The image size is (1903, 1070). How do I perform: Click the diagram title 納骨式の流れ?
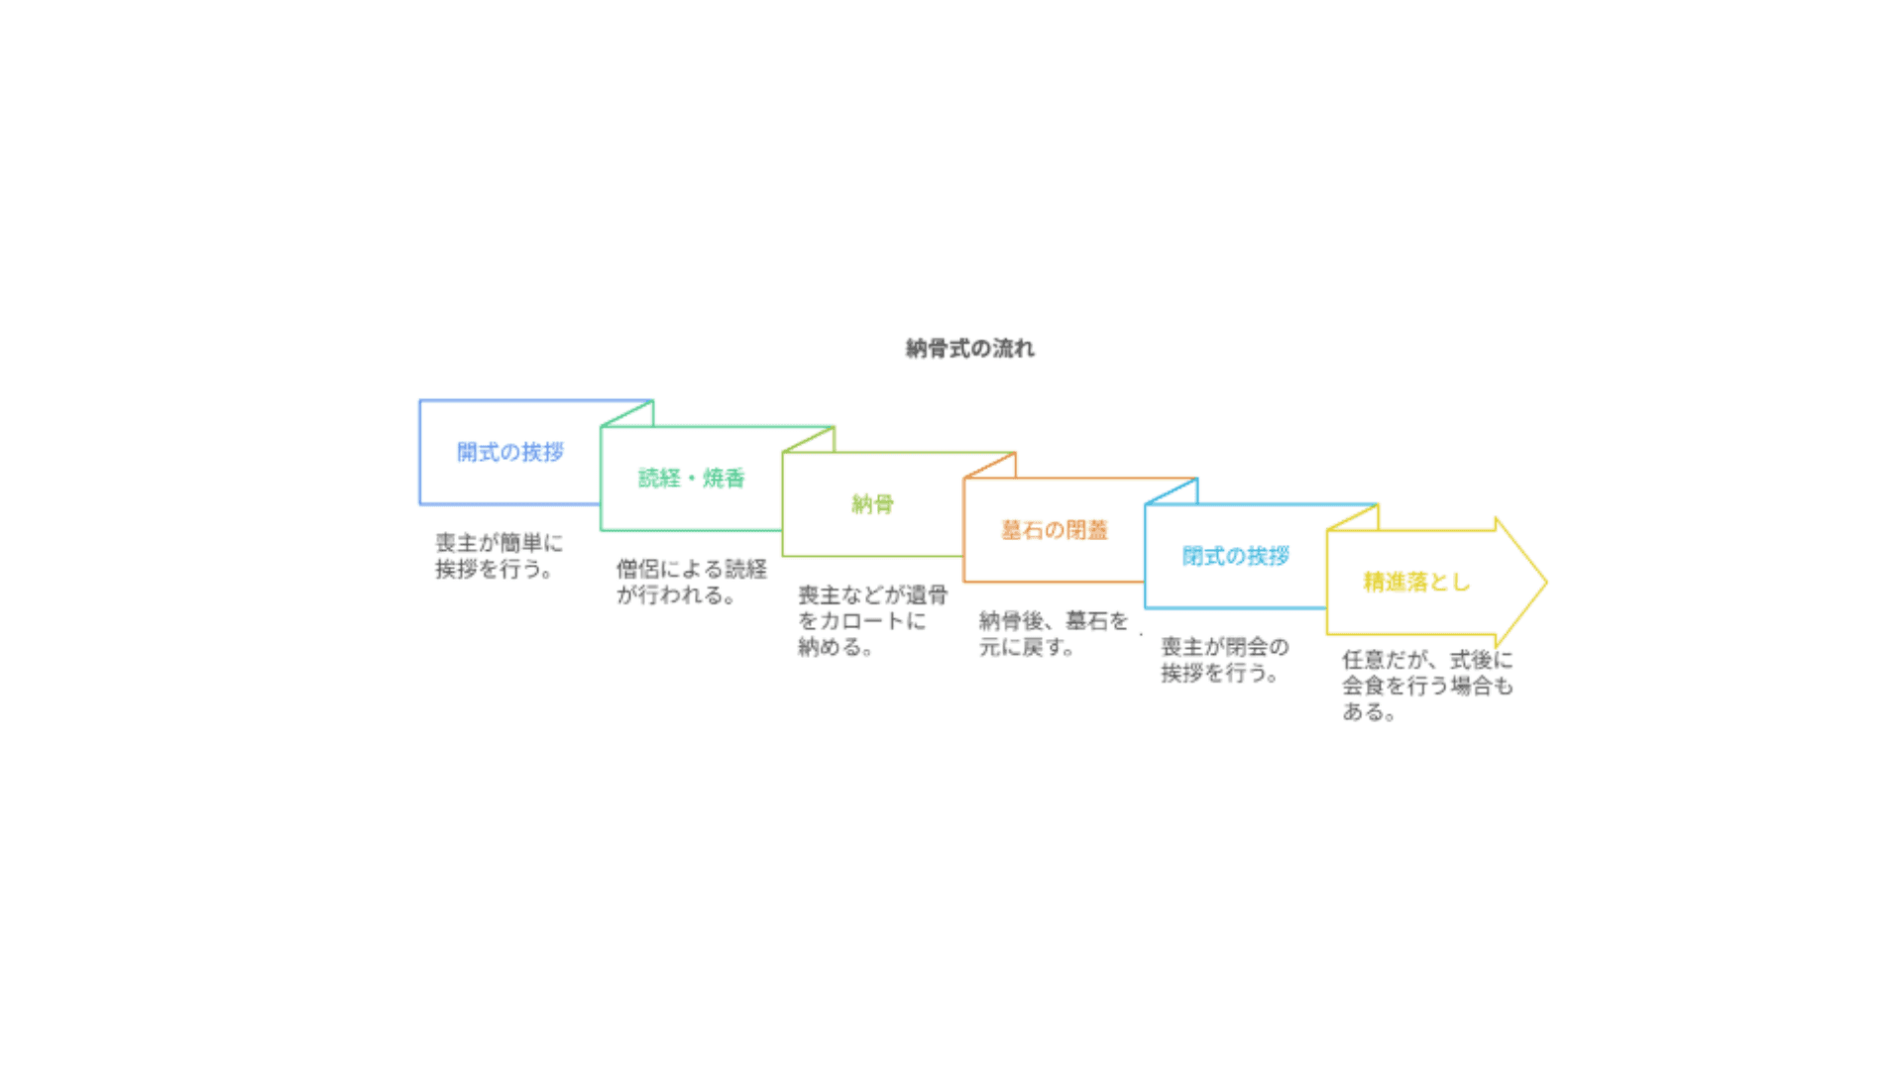tap(969, 349)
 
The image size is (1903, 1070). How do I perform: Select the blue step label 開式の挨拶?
tap(509, 453)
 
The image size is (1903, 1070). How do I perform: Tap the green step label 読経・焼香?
tap(691, 479)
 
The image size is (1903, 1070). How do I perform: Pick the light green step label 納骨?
tap(872, 504)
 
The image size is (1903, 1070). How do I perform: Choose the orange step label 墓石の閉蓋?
tap(1054, 530)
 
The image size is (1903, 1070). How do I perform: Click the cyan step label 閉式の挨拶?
tap(1235, 556)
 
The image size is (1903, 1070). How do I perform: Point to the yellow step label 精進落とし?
tap(1416, 583)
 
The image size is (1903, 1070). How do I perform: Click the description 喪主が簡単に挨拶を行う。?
tap(499, 556)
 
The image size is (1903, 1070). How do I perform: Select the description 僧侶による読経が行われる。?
tap(691, 582)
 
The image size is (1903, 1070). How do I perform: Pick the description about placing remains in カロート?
tap(872, 620)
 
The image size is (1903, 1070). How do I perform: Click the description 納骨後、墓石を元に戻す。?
tap(1053, 634)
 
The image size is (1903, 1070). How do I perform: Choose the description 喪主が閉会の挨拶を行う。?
tap(1224, 660)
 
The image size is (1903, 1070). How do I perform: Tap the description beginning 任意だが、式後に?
tap(1427, 686)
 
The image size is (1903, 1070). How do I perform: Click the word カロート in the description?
tap(862, 621)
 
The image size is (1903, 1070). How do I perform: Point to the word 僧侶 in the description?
tap(638, 570)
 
